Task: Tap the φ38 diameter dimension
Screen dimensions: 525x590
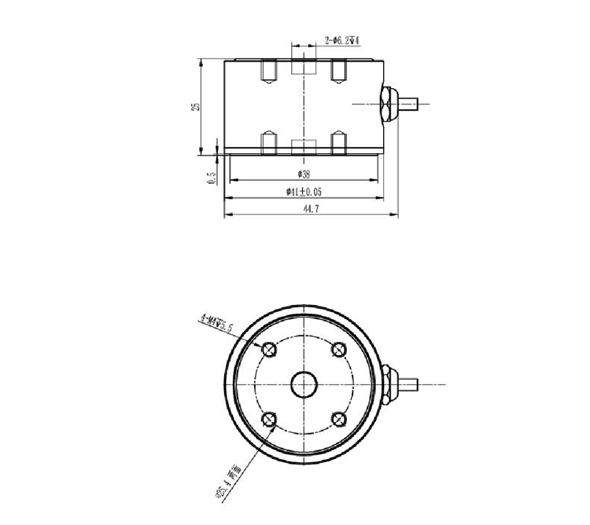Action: [304, 174]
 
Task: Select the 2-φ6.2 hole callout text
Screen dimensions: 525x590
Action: [342, 39]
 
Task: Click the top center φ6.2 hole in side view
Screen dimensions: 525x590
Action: [304, 68]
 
